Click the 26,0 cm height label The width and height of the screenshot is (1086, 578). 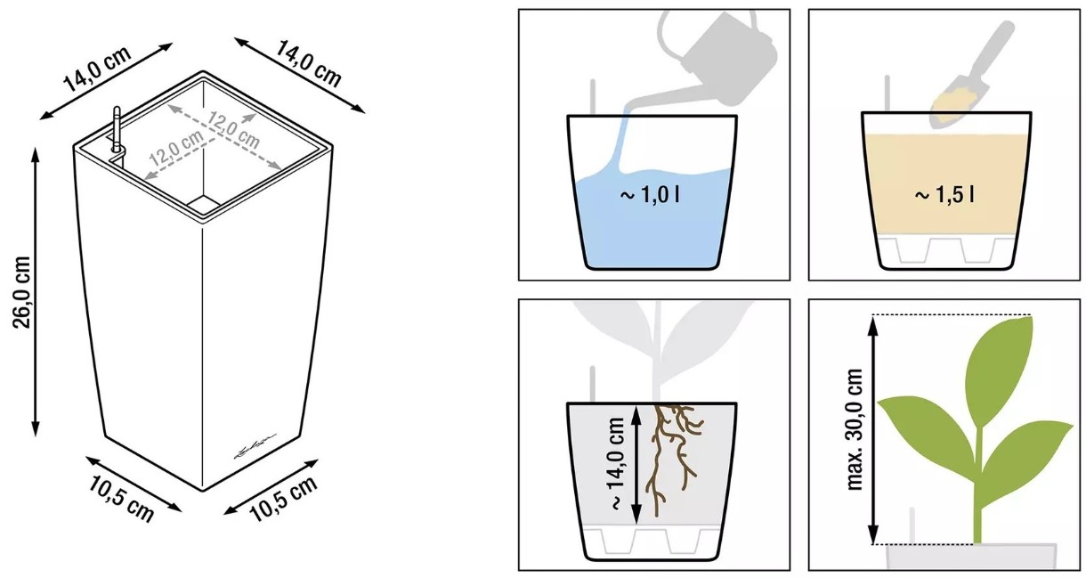[x=22, y=292]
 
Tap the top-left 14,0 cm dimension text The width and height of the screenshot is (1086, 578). [x=98, y=69]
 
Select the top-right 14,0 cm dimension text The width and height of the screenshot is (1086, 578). [x=309, y=63]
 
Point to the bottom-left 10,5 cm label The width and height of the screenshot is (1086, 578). [x=121, y=500]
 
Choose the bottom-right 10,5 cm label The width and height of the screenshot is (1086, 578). [x=285, y=499]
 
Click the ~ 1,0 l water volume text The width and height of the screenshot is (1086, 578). [x=650, y=195]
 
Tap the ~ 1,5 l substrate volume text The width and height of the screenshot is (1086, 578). [x=944, y=195]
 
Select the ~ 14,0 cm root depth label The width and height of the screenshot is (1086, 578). [x=617, y=464]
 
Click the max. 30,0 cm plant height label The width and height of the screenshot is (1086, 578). [x=855, y=429]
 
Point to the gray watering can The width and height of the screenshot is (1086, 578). [x=717, y=58]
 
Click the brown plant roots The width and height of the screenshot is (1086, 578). [x=673, y=459]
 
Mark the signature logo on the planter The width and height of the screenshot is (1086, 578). [x=255, y=446]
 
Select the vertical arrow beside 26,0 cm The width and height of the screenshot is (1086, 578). [x=35, y=292]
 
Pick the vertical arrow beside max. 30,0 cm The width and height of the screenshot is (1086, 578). [x=873, y=429]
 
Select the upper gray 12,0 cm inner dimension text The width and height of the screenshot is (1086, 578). [x=234, y=130]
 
